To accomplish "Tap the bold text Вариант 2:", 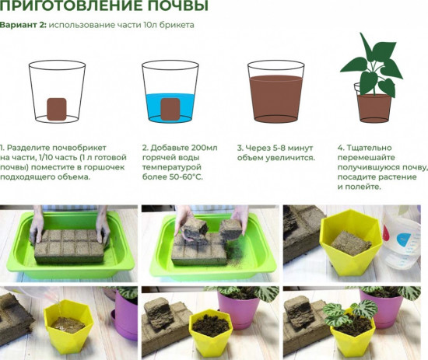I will click(23, 25).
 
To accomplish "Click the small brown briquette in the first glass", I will click(55, 109).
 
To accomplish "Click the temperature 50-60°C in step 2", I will click(184, 177).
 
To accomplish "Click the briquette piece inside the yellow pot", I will click(350, 243).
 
